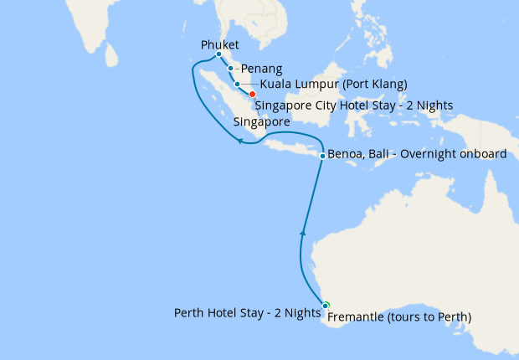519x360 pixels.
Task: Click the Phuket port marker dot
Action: click(x=218, y=54)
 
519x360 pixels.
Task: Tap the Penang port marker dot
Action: click(x=230, y=69)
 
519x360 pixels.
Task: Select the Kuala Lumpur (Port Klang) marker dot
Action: click(x=238, y=84)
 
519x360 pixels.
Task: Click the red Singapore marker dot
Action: click(x=252, y=95)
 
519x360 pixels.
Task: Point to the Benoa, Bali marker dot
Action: click(x=322, y=155)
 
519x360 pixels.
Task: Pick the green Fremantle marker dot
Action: click(x=326, y=305)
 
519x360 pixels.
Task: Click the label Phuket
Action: click(x=220, y=44)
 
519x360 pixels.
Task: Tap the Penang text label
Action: click(x=261, y=69)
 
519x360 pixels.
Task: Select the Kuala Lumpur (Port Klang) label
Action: click(x=333, y=84)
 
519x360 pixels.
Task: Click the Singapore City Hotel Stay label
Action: click(x=353, y=105)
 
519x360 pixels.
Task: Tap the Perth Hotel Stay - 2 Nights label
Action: click(x=247, y=312)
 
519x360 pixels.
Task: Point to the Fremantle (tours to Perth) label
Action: click(x=398, y=317)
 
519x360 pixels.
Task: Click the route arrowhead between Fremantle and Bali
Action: click(x=304, y=229)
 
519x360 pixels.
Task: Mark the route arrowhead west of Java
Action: click(x=239, y=141)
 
